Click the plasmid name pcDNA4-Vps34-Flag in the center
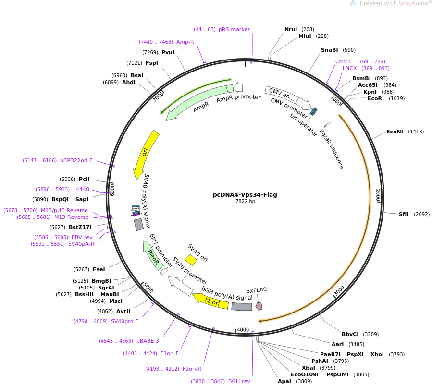[245, 194]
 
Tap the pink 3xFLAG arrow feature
[259, 306]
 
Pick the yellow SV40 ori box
[191, 260]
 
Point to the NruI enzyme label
[291, 29]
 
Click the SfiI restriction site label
[404, 214]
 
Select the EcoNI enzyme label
[395, 132]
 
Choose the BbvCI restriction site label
[350, 334]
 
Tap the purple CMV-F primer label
[344, 61]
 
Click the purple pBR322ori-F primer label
[76, 160]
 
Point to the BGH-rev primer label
[239, 381]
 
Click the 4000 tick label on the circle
[243, 330]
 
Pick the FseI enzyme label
[99, 269]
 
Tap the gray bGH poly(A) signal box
[242, 307]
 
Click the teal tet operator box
[313, 111]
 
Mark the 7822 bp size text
[245, 202]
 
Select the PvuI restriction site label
[168, 52]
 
